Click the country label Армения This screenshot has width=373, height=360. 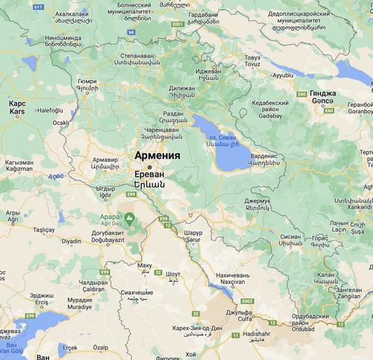pos(157,155)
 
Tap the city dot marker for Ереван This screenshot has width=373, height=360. pos(149,167)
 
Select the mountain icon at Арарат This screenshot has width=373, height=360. pos(129,218)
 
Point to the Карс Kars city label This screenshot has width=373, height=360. pos(17,108)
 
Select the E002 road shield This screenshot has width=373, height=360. pos(247,301)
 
